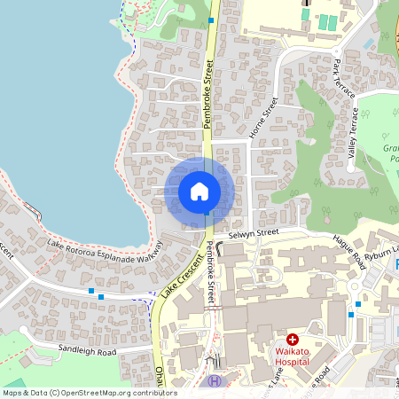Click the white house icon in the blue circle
pos(199,192)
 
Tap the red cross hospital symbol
pos(293,340)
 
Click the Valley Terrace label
pos(353,133)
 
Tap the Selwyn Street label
pos(253,233)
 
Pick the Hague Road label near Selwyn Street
pos(349,251)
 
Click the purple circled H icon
pos(214,381)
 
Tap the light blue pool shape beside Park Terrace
pos(369,42)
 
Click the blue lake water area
pos(53,106)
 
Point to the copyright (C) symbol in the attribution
pos(55,393)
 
